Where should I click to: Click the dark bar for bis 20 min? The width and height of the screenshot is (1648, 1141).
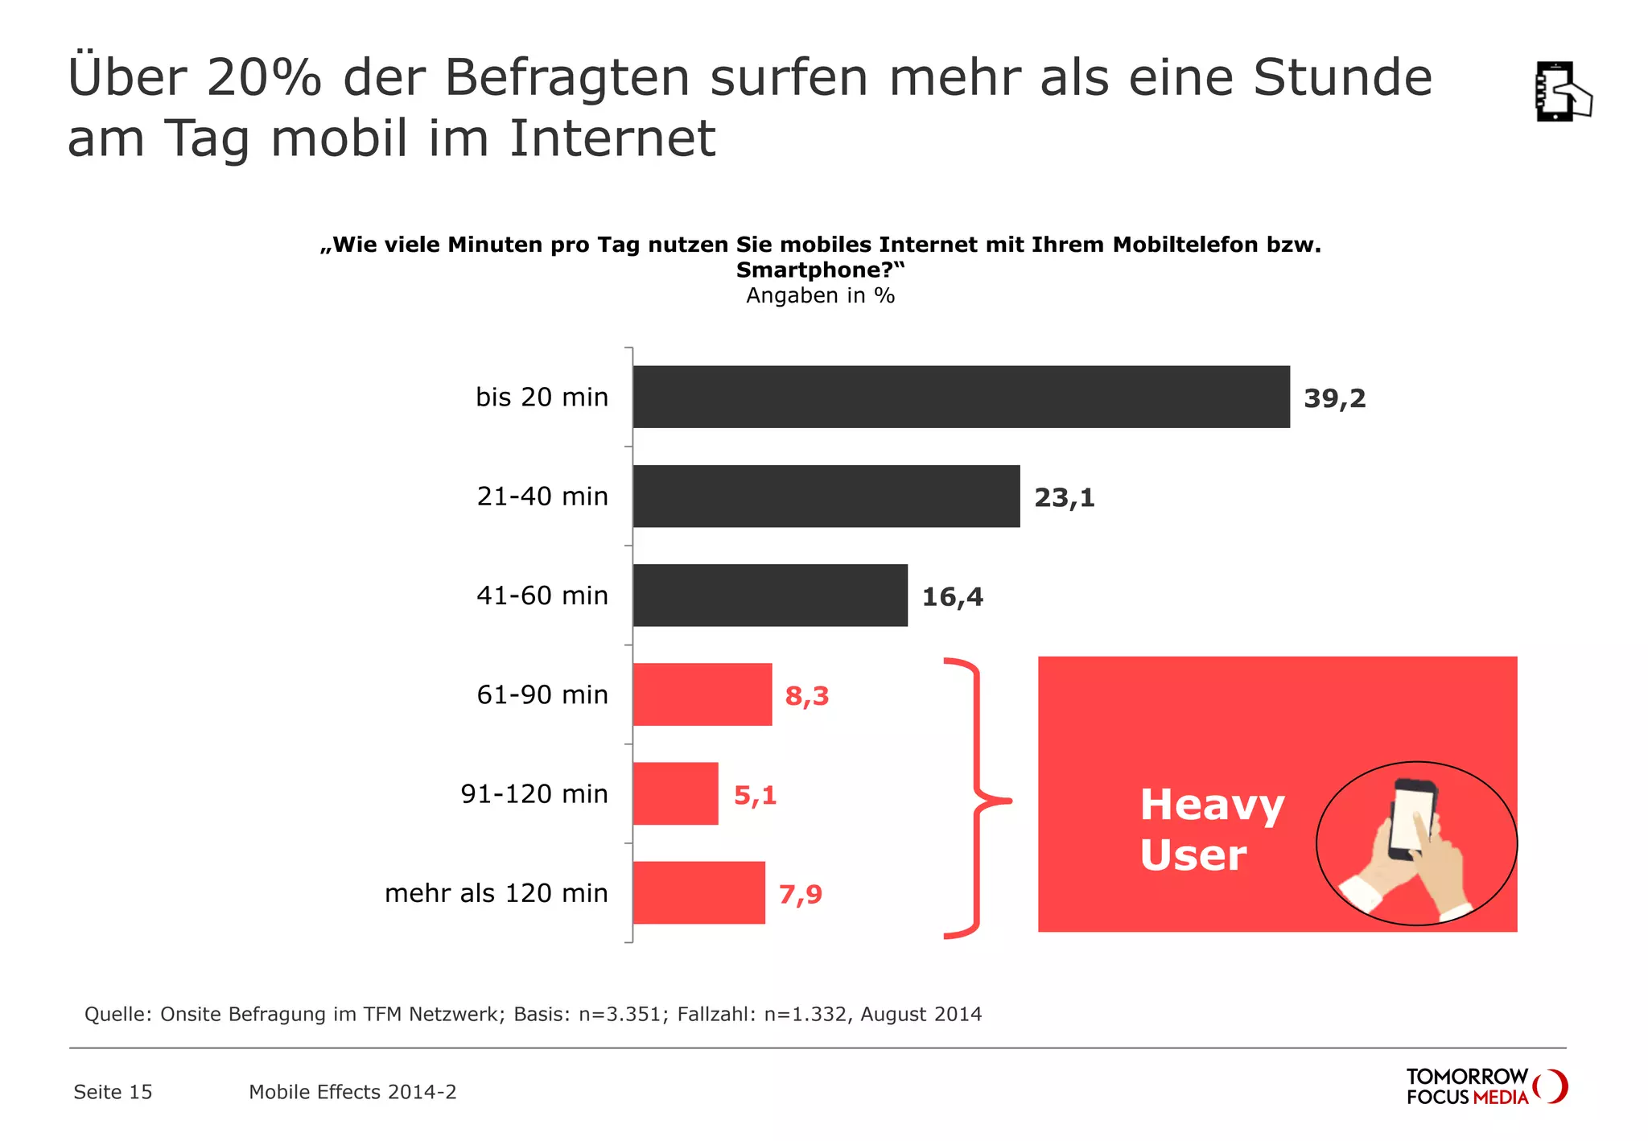tap(961, 397)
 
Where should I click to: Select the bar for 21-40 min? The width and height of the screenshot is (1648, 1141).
tap(826, 496)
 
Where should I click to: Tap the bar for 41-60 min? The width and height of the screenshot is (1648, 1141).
tap(770, 595)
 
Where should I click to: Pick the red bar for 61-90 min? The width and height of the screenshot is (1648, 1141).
tap(702, 694)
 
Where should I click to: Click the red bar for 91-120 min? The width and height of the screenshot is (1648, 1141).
tap(675, 793)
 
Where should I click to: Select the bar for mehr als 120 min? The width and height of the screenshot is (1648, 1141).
tap(698, 892)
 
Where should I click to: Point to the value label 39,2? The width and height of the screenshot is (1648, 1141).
tap(1334, 398)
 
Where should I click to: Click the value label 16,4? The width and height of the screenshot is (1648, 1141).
tap(952, 597)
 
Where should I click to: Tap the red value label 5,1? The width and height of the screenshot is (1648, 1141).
tap(755, 796)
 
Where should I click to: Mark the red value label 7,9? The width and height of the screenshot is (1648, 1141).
tap(800, 895)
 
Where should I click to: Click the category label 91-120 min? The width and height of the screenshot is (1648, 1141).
tap(534, 794)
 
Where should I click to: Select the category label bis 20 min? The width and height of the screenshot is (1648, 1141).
tap(542, 397)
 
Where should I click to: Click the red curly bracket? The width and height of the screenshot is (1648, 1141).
tap(975, 798)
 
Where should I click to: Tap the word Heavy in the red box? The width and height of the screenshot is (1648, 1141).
tap(1211, 805)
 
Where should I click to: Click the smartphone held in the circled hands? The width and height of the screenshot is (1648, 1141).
tap(1412, 818)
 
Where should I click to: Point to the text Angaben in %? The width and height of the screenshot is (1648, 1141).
tap(820, 296)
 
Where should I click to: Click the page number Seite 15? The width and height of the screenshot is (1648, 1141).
tap(113, 1092)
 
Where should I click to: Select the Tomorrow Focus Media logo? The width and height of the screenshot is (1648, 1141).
tap(1485, 1087)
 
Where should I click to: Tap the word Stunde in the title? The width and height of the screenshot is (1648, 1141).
tap(1342, 77)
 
